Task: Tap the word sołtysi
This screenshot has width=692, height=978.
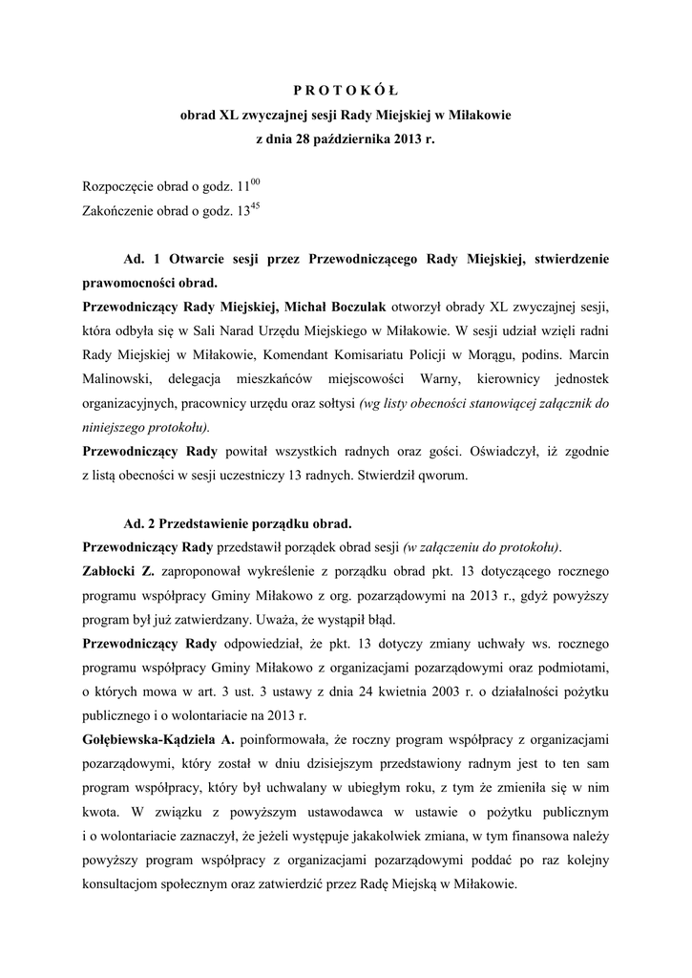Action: (x=329, y=403)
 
